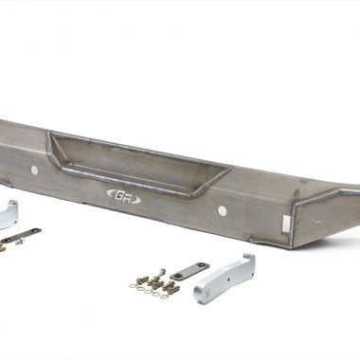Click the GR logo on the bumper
click(123, 196)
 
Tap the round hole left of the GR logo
click(34, 171)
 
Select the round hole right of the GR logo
click(222, 210)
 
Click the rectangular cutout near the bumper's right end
click(287, 224)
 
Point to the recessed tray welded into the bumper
click(139, 161)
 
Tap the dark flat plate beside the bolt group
click(189, 271)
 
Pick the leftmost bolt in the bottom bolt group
click(142, 279)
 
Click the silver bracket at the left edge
click(9, 214)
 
